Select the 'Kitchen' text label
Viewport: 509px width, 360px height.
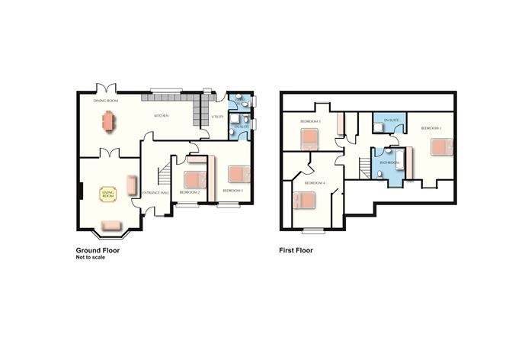click(161, 116)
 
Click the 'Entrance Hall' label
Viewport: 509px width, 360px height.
click(154, 192)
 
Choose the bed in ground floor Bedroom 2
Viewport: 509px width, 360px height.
click(195, 180)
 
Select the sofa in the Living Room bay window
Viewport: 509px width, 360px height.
click(110, 224)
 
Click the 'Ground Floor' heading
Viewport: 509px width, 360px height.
click(97, 250)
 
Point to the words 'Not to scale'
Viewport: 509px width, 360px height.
click(90, 257)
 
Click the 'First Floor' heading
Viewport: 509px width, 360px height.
click(296, 250)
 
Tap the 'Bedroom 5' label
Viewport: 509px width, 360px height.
click(309, 121)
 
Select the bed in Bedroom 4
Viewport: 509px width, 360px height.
click(304, 200)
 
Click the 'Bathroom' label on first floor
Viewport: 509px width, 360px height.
click(389, 162)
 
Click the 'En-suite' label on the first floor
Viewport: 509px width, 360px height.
click(392, 121)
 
